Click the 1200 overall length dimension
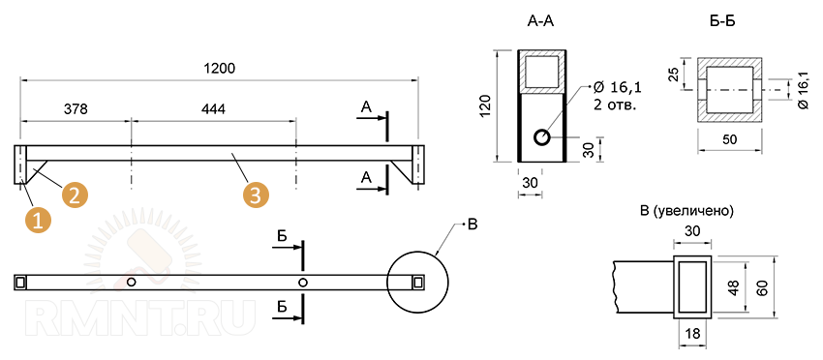(219, 68)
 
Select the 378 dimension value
(76, 109)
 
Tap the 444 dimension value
(213, 109)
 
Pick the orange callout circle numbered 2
(74, 195)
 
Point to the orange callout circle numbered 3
(255, 195)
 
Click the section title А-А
(540, 21)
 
